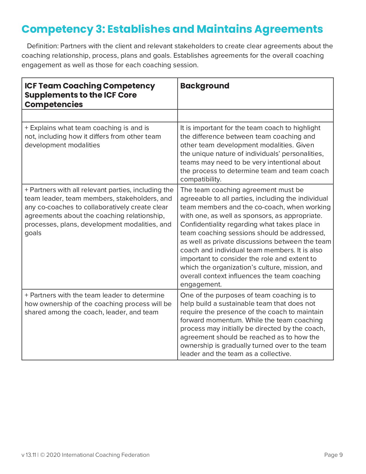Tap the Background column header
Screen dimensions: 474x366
pyautogui.click(x=205, y=86)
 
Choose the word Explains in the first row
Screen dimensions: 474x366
pyautogui.click(x=42, y=128)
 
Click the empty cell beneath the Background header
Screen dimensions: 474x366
pyautogui.click(x=255, y=116)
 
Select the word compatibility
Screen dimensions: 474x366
pyautogui.click(x=201, y=179)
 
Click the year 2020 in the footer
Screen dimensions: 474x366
pyautogui.click(x=53, y=455)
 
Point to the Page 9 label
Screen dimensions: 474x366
pyautogui.click(x=333, y=455)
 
